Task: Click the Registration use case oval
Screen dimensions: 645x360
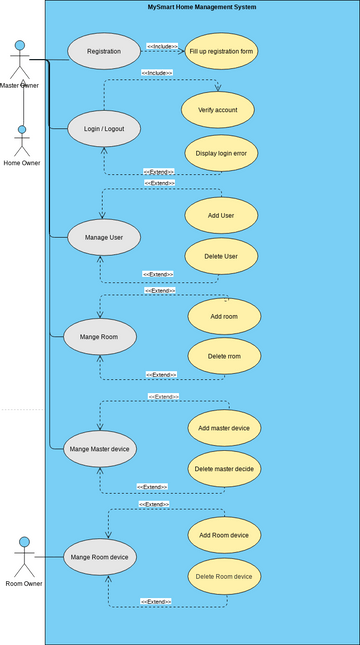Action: pyautogui.click(x=104, y=50)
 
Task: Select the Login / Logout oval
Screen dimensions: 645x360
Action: pyautogui.click(x=104, y=128)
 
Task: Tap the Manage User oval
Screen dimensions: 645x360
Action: pyautogui.click(x=104, y=237)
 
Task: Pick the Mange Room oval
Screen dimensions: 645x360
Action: pyautogui.click(x=100, y=337)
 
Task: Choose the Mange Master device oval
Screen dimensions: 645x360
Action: pyautogui.click(x=100, y=449)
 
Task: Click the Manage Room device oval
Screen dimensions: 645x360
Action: pyautogui.click(x=100, y=556)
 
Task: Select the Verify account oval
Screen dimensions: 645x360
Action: pyautogui.click(x=218, y=109)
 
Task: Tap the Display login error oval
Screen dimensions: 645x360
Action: pyautogui.click(x=221, y=154)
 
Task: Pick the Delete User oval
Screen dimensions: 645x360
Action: pyautogui.click(x=221, y=256)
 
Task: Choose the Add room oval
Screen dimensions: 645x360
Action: pyautogui.click(x=224, y=316)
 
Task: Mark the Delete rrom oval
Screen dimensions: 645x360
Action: pyautogui.click(x=224, y=356)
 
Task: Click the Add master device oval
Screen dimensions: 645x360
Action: pyautogui.click(x=224, y=428)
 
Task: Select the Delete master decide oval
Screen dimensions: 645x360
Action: pyautogui.click(x=224, y=468)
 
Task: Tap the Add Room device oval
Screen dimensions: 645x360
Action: pyautogui.click(x=224, y=535)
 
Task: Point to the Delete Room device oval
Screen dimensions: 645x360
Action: pyautogui.click(x=224, y=576)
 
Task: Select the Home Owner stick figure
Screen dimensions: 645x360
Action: pyautogui.click(x=22, y=140)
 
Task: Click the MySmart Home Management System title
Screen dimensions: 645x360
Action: pyautogui.click(x=202, y=7)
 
